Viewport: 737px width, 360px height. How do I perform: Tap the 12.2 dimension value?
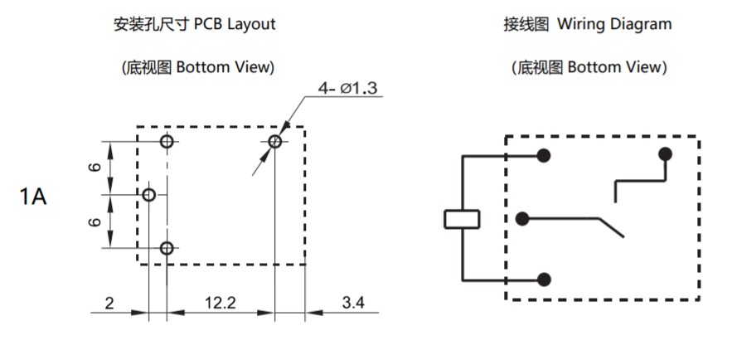221,304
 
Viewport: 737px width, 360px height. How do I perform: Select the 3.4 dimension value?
353,304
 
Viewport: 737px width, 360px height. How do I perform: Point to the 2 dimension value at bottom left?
109,304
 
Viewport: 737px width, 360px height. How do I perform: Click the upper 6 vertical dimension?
95,168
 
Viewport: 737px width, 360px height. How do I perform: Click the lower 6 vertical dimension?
95,221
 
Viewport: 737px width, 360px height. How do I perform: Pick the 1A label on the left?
33,197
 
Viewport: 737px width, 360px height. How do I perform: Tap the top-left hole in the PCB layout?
167,141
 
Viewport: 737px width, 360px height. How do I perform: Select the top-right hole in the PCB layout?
275,141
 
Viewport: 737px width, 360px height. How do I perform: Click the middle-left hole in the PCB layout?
149,195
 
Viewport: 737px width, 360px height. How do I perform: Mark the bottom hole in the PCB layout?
167,248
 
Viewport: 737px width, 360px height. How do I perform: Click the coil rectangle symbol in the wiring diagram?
462,219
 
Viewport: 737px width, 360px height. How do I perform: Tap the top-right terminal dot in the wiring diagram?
664,154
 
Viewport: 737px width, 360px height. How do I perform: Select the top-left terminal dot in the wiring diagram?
544,155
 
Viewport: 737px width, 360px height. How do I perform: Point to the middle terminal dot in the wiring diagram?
522,219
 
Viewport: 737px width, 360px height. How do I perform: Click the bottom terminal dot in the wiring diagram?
544,280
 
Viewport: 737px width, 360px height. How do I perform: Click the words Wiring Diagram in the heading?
614,24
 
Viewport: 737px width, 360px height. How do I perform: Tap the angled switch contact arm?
610,227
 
